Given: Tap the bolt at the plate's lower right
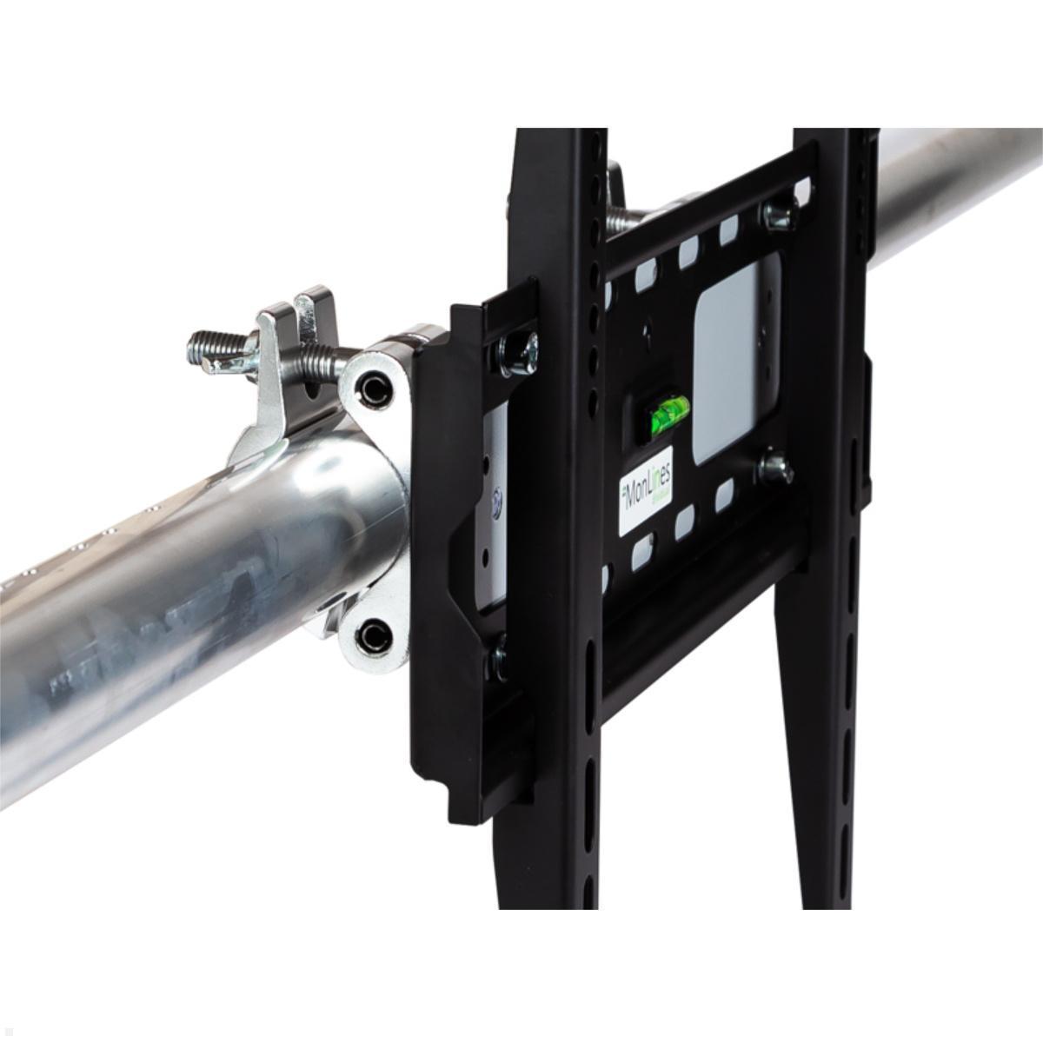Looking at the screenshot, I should [x=773, y=470].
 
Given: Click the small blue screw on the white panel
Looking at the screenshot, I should [x=498, y=502].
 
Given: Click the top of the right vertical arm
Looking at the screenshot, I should [x=834, y=139].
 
